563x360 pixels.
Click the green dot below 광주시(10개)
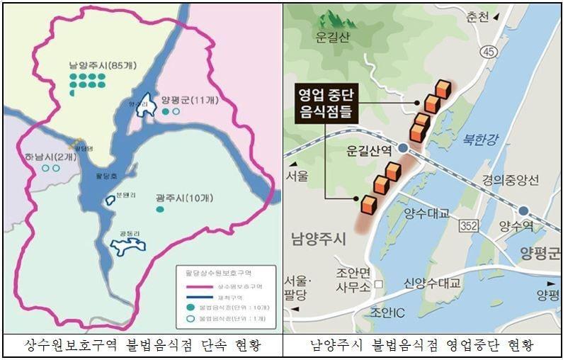click(x=160, y=210)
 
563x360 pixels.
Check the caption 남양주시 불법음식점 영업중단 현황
click(x=422, y=346)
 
